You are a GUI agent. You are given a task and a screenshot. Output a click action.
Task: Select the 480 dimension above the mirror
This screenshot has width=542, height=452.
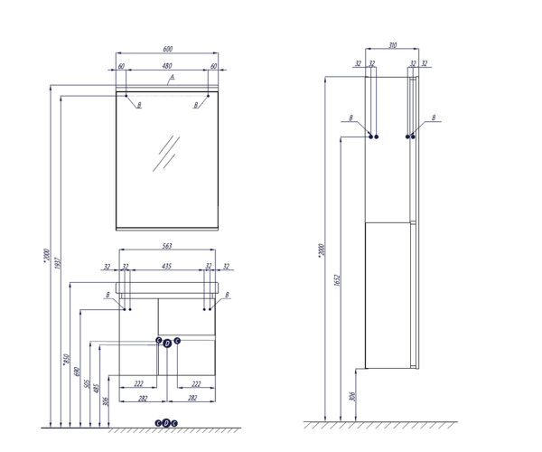167,66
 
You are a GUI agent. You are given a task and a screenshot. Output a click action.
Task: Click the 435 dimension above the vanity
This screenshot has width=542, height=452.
167,267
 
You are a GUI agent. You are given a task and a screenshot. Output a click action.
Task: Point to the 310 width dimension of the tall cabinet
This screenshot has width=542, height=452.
391,45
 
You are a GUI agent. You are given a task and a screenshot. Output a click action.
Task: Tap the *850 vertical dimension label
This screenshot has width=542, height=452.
66,361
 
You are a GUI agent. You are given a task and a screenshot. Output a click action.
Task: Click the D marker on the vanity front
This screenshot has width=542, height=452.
167,344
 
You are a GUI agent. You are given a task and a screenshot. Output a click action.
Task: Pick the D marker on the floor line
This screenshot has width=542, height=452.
167,422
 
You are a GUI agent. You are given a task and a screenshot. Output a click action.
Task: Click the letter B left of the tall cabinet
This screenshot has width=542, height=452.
350,118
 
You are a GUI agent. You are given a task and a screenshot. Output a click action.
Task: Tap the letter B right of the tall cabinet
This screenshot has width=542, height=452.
434,118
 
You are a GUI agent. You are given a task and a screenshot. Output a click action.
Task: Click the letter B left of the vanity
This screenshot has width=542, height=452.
107,295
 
